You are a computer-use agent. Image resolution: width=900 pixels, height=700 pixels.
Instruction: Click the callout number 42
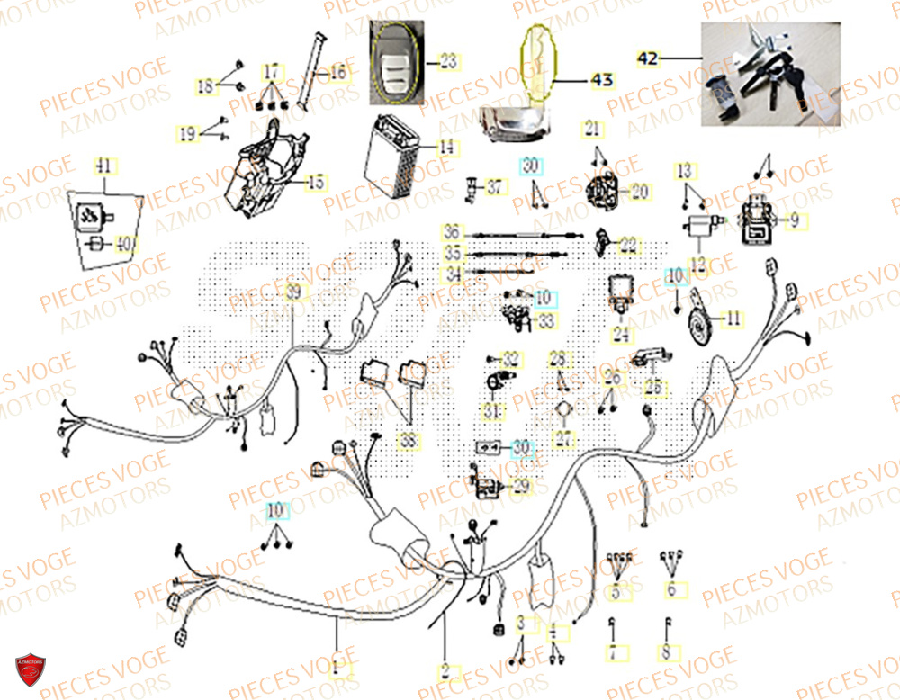click(648, 58)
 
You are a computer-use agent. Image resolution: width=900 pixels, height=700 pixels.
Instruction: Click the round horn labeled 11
click(700, 318)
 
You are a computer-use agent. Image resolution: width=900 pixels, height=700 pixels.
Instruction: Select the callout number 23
click(447, 62)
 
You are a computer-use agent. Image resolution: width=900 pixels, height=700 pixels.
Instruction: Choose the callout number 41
click(104, 166)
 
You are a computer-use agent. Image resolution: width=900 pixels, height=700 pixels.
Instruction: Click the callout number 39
click(292, 294)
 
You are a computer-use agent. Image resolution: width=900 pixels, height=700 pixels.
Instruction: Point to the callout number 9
click(794, 220)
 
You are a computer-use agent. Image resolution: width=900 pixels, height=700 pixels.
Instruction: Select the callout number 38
click(408, 442)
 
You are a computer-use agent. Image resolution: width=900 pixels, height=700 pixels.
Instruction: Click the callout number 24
click(620, 336)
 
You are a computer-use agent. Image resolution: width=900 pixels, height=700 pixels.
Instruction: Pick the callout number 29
click(521, 487)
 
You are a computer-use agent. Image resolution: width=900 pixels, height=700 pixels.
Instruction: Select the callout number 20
click(638, 192)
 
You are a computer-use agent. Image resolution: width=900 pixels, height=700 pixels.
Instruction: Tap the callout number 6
click(670, 590)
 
